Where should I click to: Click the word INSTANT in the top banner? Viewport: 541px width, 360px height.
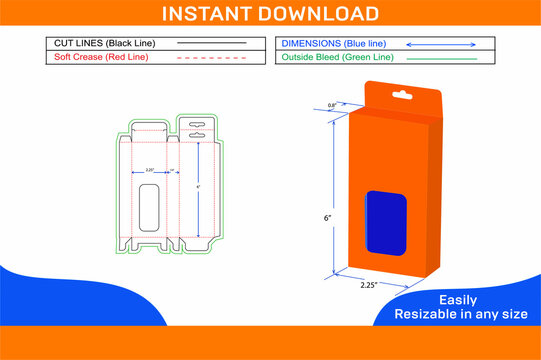point(217,13)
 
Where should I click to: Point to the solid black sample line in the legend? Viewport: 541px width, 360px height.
point(210,44)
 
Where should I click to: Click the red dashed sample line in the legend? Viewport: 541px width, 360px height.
point(210,58)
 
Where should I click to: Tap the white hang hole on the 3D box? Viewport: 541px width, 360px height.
point(402,96)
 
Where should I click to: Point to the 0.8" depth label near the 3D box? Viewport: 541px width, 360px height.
point(331,105)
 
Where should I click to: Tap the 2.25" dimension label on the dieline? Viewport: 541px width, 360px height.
point(149,170)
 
